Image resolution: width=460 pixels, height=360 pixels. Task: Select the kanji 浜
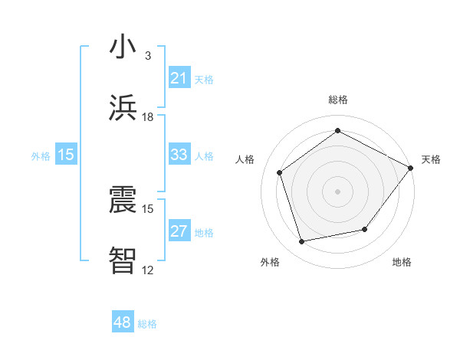[x=123, y=108]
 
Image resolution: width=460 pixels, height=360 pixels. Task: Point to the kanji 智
[x=123, y=260]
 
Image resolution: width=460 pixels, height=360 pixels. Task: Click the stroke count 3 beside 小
[x=148, y=56]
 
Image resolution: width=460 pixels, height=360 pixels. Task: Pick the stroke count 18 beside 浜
[x=148, y=117]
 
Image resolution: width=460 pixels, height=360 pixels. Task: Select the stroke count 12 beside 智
[x=148, y=270]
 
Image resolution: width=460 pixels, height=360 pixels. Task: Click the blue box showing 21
[x=179, y=78]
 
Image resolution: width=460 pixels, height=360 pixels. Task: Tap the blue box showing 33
[x=179, y=155]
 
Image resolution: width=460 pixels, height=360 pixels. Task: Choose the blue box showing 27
[x=179, y=231]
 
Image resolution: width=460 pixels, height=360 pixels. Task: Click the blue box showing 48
[x=123, y=322]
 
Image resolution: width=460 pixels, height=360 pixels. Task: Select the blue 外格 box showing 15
[x=66, y=155]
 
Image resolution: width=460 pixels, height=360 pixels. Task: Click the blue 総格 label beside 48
[x=147, y=324]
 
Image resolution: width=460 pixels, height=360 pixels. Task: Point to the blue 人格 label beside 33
[x=204, y=155]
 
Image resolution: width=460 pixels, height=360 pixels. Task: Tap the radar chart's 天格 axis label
[x=431, y=159]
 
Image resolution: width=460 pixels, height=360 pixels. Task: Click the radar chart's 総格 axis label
[x=338, y=100]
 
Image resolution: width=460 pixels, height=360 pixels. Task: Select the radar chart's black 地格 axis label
[x=402, y=262]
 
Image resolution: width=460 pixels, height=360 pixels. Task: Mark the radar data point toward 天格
[x=411, y=168]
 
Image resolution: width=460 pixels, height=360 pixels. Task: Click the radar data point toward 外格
[x=302, y=242]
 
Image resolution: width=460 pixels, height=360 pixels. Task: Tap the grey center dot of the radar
[x=337, y=191]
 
